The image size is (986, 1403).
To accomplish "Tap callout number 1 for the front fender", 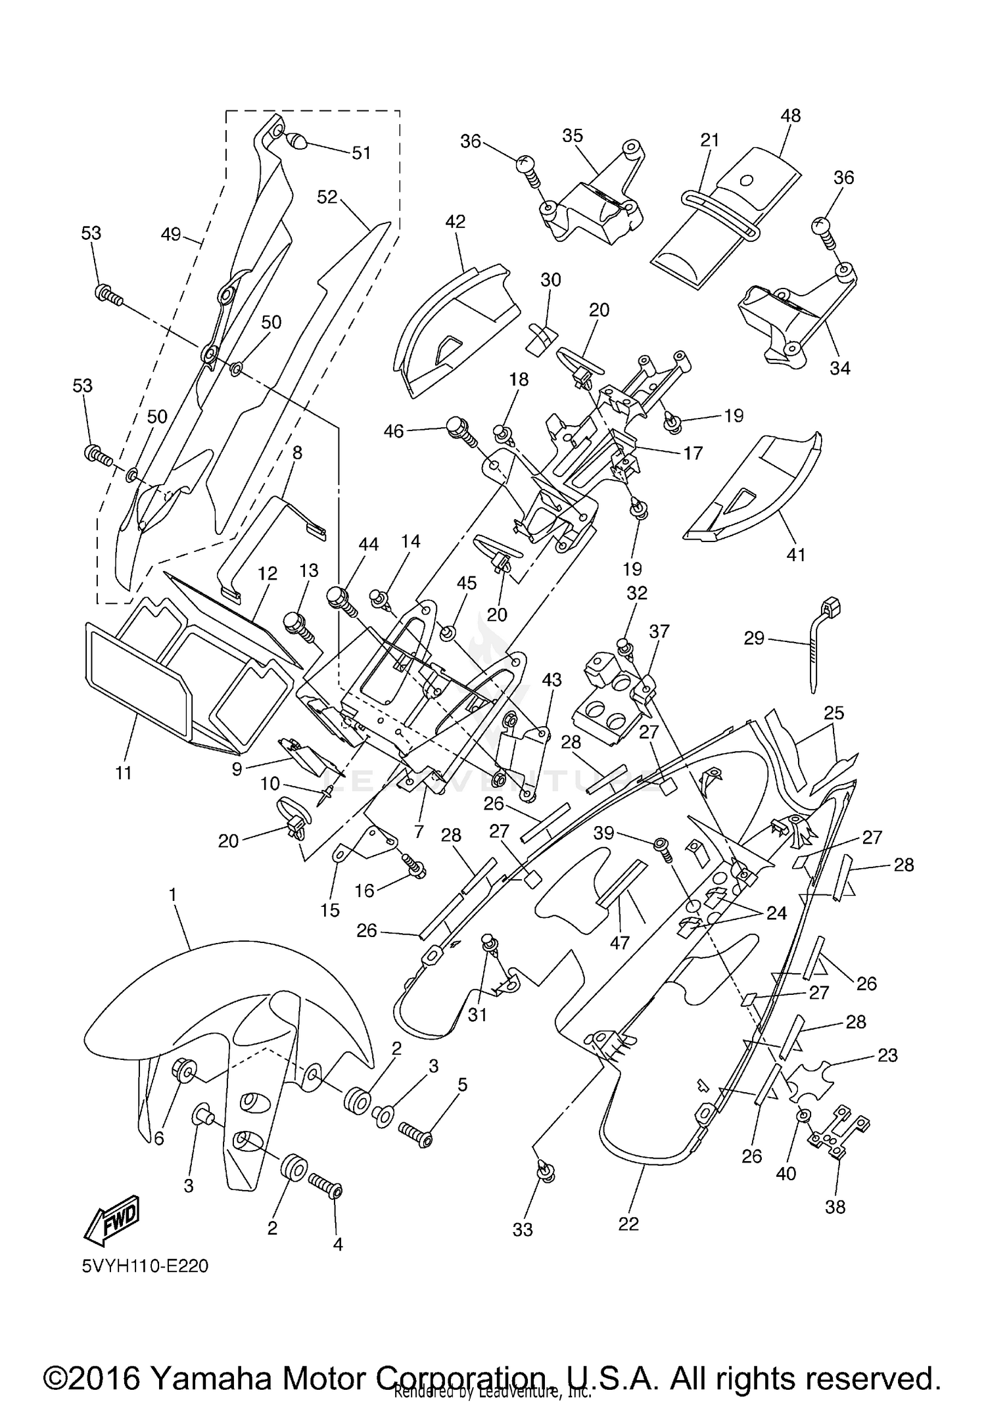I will [173, 894].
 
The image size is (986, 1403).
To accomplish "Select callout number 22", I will [628, 1224].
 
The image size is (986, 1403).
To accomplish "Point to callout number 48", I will [791, 116].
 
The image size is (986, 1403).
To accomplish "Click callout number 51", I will [362, 153].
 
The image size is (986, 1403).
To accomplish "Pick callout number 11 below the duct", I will [124, 773].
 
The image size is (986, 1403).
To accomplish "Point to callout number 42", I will [455, 221].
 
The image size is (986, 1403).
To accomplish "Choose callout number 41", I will [796, 555].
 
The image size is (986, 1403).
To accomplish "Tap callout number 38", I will [835, 1207].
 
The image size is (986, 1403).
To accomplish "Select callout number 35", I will [573, 135].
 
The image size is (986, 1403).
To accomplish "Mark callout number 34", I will [840, 368].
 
